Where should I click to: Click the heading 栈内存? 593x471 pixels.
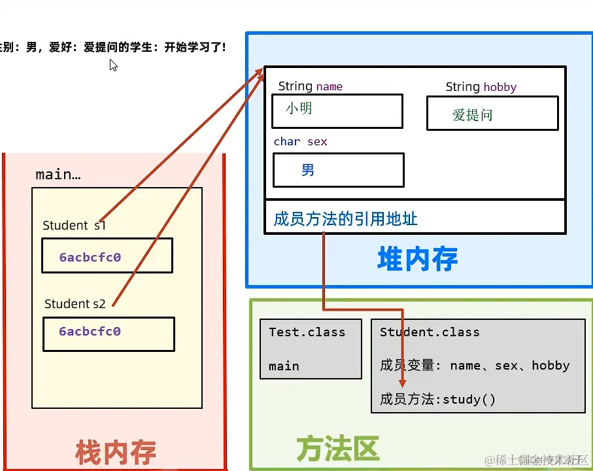click(x=116, y=452)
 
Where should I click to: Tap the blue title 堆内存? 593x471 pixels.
click(x=417, y=259)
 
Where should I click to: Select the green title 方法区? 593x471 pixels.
click(x=337, y=449)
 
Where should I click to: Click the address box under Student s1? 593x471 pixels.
click(x=107, y=255)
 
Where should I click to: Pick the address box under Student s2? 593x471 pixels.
click(x=109, y=334)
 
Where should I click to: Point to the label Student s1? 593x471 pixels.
click(x=74, y=226)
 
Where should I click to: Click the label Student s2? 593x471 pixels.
click(x=75, y=304)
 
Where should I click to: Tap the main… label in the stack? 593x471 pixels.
click(x=58, y=175)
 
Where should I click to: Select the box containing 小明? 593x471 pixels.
click(x=337, y=111)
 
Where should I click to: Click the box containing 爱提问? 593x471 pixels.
click(x=492, y=114)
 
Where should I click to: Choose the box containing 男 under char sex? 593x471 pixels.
click(x=338, y=170)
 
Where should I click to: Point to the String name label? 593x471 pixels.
click(x=310, y=86)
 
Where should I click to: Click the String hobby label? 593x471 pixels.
click(x=481, y=87)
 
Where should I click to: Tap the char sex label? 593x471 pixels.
click(x=300, y=141)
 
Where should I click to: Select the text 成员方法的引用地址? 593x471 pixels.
click(x=345, y=218)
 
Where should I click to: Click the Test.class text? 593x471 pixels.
click(x=307, y=332)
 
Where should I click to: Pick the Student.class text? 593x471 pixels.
click(x=430, y=332)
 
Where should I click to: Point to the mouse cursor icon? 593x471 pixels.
click(x=113, y=65)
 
